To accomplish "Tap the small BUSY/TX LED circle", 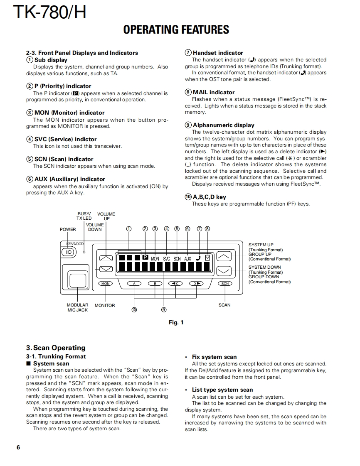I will [x=84, y=252].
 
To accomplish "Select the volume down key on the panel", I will [x=106, y=268].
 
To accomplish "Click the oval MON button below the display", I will [x=106, y=284].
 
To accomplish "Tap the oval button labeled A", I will [x=134, y=284].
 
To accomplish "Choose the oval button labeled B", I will [x=155, y=284].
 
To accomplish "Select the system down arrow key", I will [x=224, y=271].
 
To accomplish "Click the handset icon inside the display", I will [x=198, y=258].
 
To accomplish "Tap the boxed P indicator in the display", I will [x=145, y=258].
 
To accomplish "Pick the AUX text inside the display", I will [x=187, y=258].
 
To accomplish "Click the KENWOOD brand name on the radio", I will [x=75, y=244].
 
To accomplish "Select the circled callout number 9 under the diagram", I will [x=164, y=309].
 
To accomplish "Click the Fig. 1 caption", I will [x=176, y=322].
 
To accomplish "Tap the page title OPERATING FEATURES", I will [x=176, y=29].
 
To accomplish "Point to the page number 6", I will [x=18, y=447].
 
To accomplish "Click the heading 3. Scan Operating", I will [x=56, y=348].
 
